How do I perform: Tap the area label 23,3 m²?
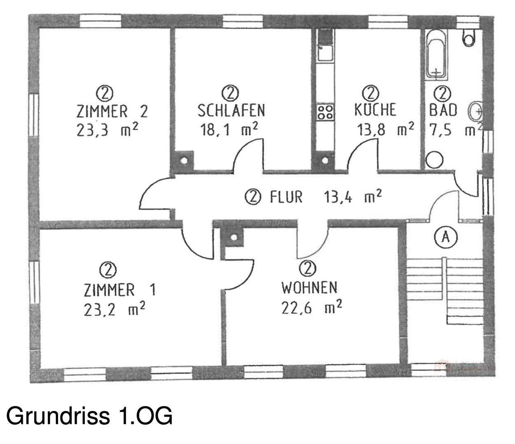107,130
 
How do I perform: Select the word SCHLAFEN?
231,111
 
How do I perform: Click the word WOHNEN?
309,287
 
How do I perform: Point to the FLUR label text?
286,197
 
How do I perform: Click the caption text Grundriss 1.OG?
89,416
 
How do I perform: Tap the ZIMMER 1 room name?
119,290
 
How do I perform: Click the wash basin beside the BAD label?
477,110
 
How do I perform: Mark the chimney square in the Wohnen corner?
234,238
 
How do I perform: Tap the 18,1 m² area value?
229,130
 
